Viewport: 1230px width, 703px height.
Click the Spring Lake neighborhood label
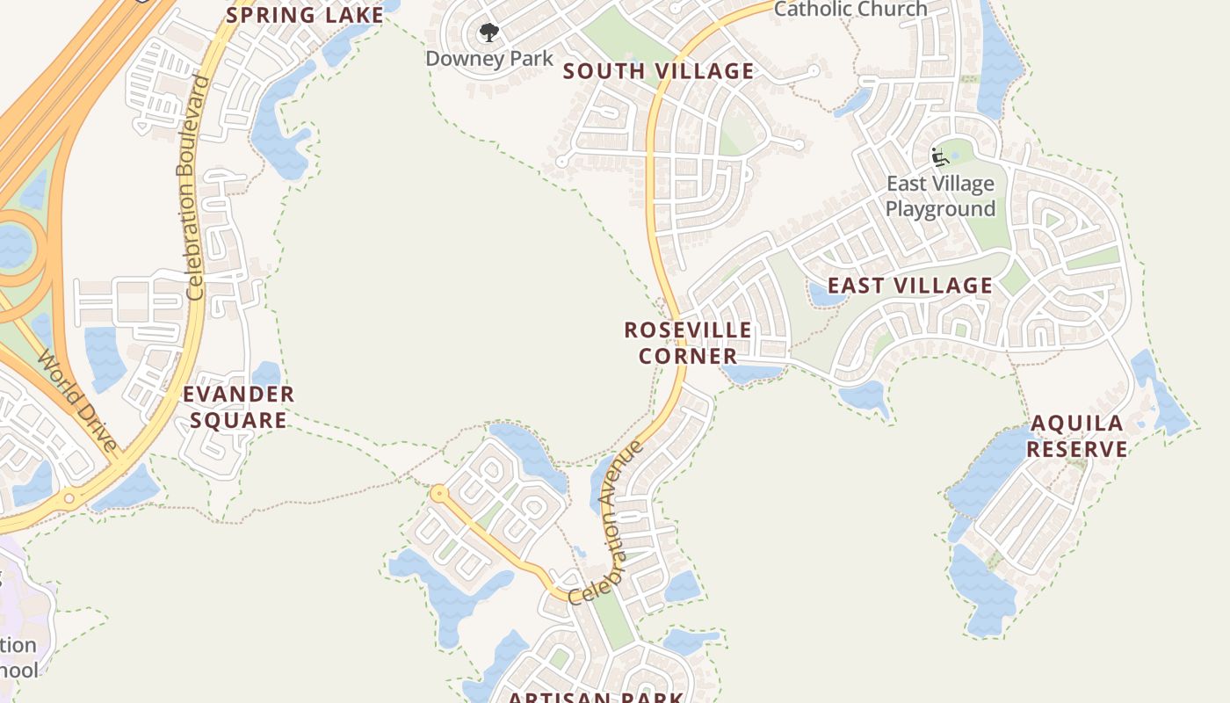tap(305, 15)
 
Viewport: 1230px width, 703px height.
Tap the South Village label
tap(658, 71)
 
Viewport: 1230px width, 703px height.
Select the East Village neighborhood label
tap(909, 286)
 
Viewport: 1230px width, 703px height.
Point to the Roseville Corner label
tap(688, 343)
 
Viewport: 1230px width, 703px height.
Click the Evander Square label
tap(238, 407)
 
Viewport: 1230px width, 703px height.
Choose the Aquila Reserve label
tap(1077, 436)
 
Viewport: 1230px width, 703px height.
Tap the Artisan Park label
tap(596, 697)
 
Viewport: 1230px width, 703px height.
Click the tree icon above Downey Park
tap(488, 33)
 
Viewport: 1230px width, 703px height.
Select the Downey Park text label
tap(489, 59)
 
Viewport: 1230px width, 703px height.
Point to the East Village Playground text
tap(940, 196)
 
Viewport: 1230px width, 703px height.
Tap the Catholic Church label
tap(850, 9)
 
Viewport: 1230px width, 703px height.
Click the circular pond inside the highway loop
tap(12, 246)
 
